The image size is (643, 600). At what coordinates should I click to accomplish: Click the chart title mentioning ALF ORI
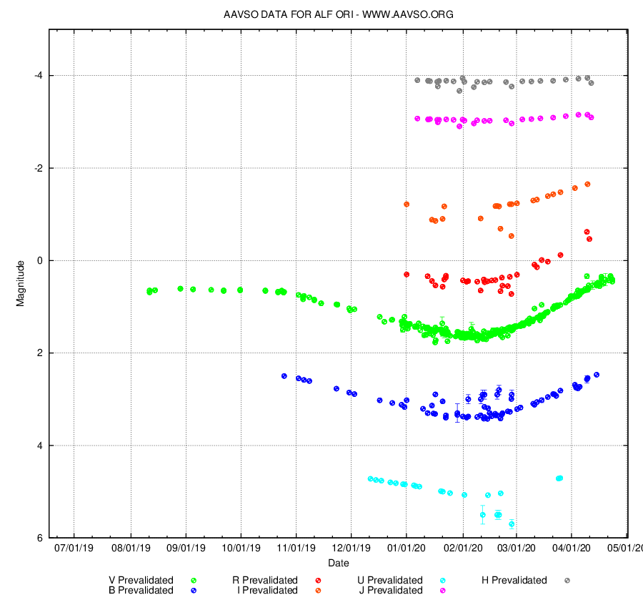pos(339,14)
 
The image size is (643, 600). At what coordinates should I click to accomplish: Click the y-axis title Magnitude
pos(21,282)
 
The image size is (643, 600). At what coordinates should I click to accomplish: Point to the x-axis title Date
pos(339,564)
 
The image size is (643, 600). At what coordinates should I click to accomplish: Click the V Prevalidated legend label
pos(141,580)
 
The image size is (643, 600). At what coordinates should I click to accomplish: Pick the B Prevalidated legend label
pos(141,590)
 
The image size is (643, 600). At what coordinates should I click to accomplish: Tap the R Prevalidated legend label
pos(265,580)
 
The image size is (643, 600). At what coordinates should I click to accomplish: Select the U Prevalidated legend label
pos(389,580)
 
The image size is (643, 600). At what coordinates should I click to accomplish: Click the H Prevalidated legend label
pos(514,580)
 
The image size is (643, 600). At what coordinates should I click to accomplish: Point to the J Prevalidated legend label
pos(389,590)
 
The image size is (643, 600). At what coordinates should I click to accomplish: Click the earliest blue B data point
pos(284,375)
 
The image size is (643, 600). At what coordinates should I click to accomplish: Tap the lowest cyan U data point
pos(512,524)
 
